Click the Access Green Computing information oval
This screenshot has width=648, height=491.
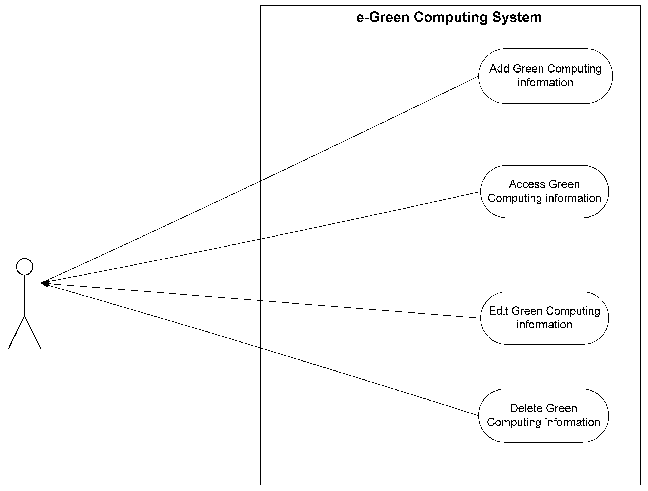(x=544, y=191)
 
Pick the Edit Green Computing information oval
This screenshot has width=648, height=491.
(x=544, y=318)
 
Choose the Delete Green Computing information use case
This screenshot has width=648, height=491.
(x=544, y=415)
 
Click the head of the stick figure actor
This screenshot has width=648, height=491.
(x=25, y=267)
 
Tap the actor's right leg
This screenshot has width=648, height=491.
(x=32, y=332)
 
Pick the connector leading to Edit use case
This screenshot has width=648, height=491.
(x=261, y=300)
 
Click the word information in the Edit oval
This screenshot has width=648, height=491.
(x=544, y=325)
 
